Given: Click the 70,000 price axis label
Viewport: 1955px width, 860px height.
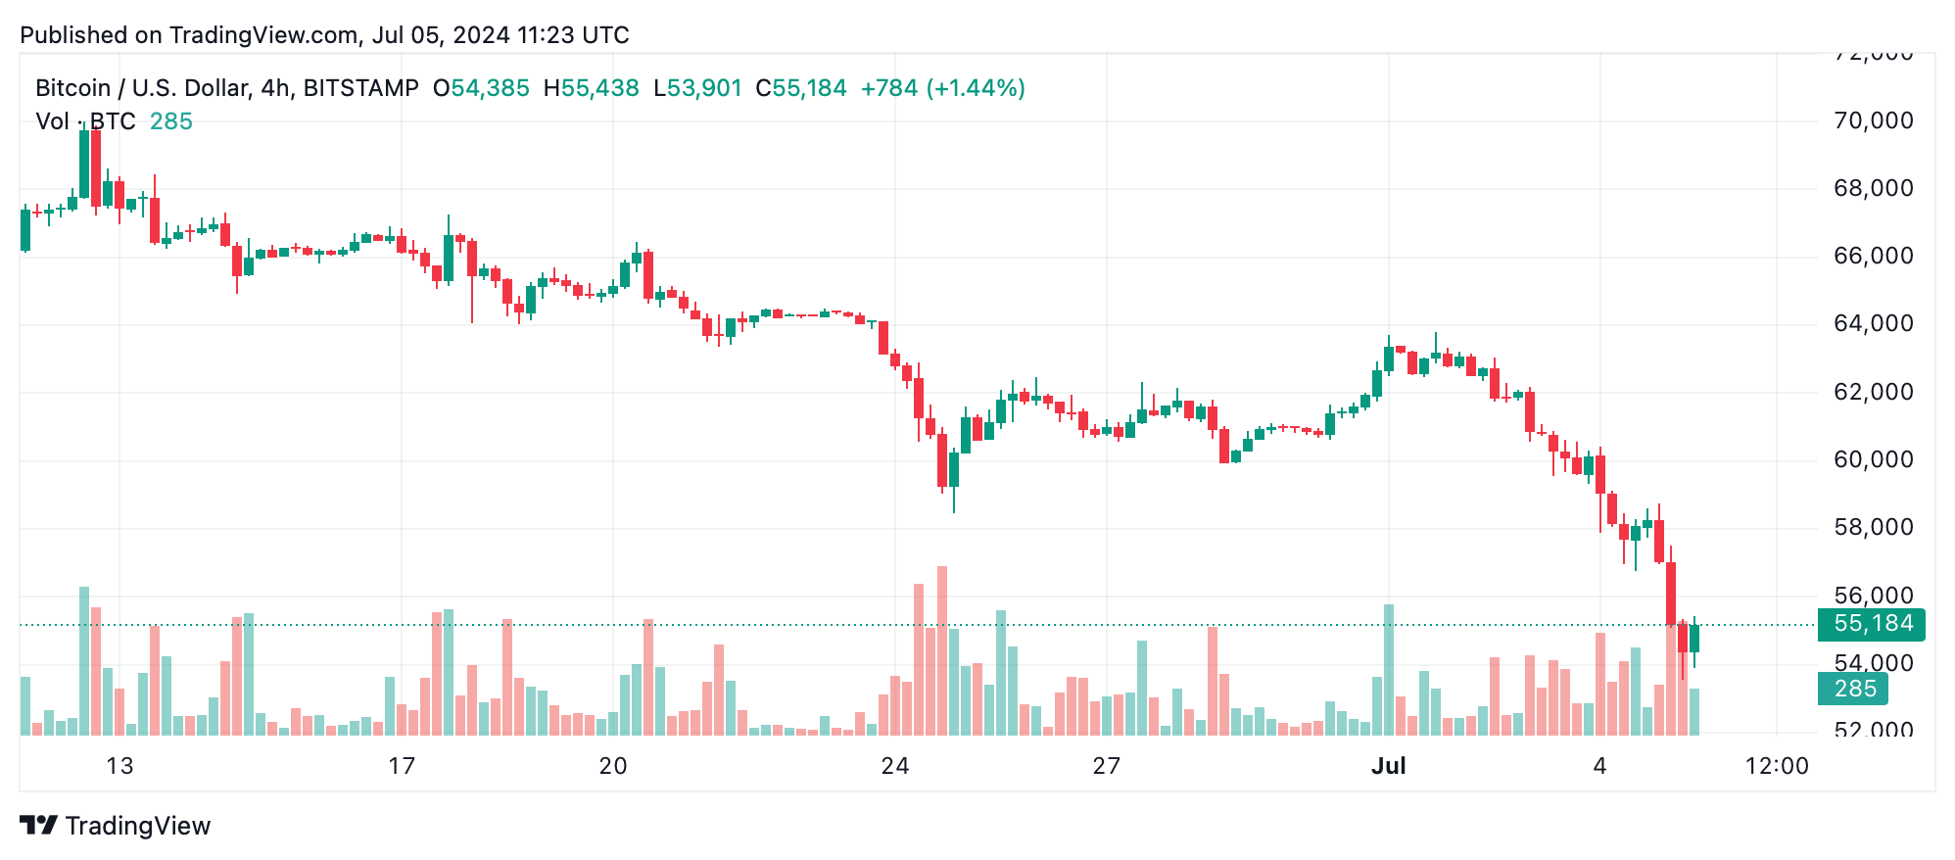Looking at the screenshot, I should [1872, 120].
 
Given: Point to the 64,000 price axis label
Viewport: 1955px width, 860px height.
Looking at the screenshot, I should [1872, 323].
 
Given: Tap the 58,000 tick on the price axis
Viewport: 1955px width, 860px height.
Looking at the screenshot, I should [1872, 527].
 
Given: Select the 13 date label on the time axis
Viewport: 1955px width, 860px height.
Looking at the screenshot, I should [119, 766].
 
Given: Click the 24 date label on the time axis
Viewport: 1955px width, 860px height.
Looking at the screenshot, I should [894, 766].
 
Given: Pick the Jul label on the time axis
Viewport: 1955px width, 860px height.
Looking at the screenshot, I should [1388, 766].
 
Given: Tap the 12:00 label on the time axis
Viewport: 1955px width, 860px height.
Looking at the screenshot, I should [1777, 766].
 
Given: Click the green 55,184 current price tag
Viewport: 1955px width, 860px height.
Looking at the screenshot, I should [1872, 624].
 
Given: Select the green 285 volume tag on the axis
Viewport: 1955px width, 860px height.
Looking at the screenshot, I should [1854, 689].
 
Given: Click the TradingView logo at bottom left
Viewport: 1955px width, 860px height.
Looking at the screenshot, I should [116, 826].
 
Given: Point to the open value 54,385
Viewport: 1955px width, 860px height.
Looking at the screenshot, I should [490, 88].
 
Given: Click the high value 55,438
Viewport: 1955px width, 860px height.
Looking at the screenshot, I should [599, 88].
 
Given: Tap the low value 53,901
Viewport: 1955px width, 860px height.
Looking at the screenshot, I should [704, 88].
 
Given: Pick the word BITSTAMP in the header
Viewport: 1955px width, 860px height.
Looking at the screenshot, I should [360, 88].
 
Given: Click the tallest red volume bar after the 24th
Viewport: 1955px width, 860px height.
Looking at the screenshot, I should [942, 650].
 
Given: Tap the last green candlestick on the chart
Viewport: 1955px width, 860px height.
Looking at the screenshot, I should [1694, 639].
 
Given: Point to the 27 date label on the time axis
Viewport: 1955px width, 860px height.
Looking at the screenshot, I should [1106, 766].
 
